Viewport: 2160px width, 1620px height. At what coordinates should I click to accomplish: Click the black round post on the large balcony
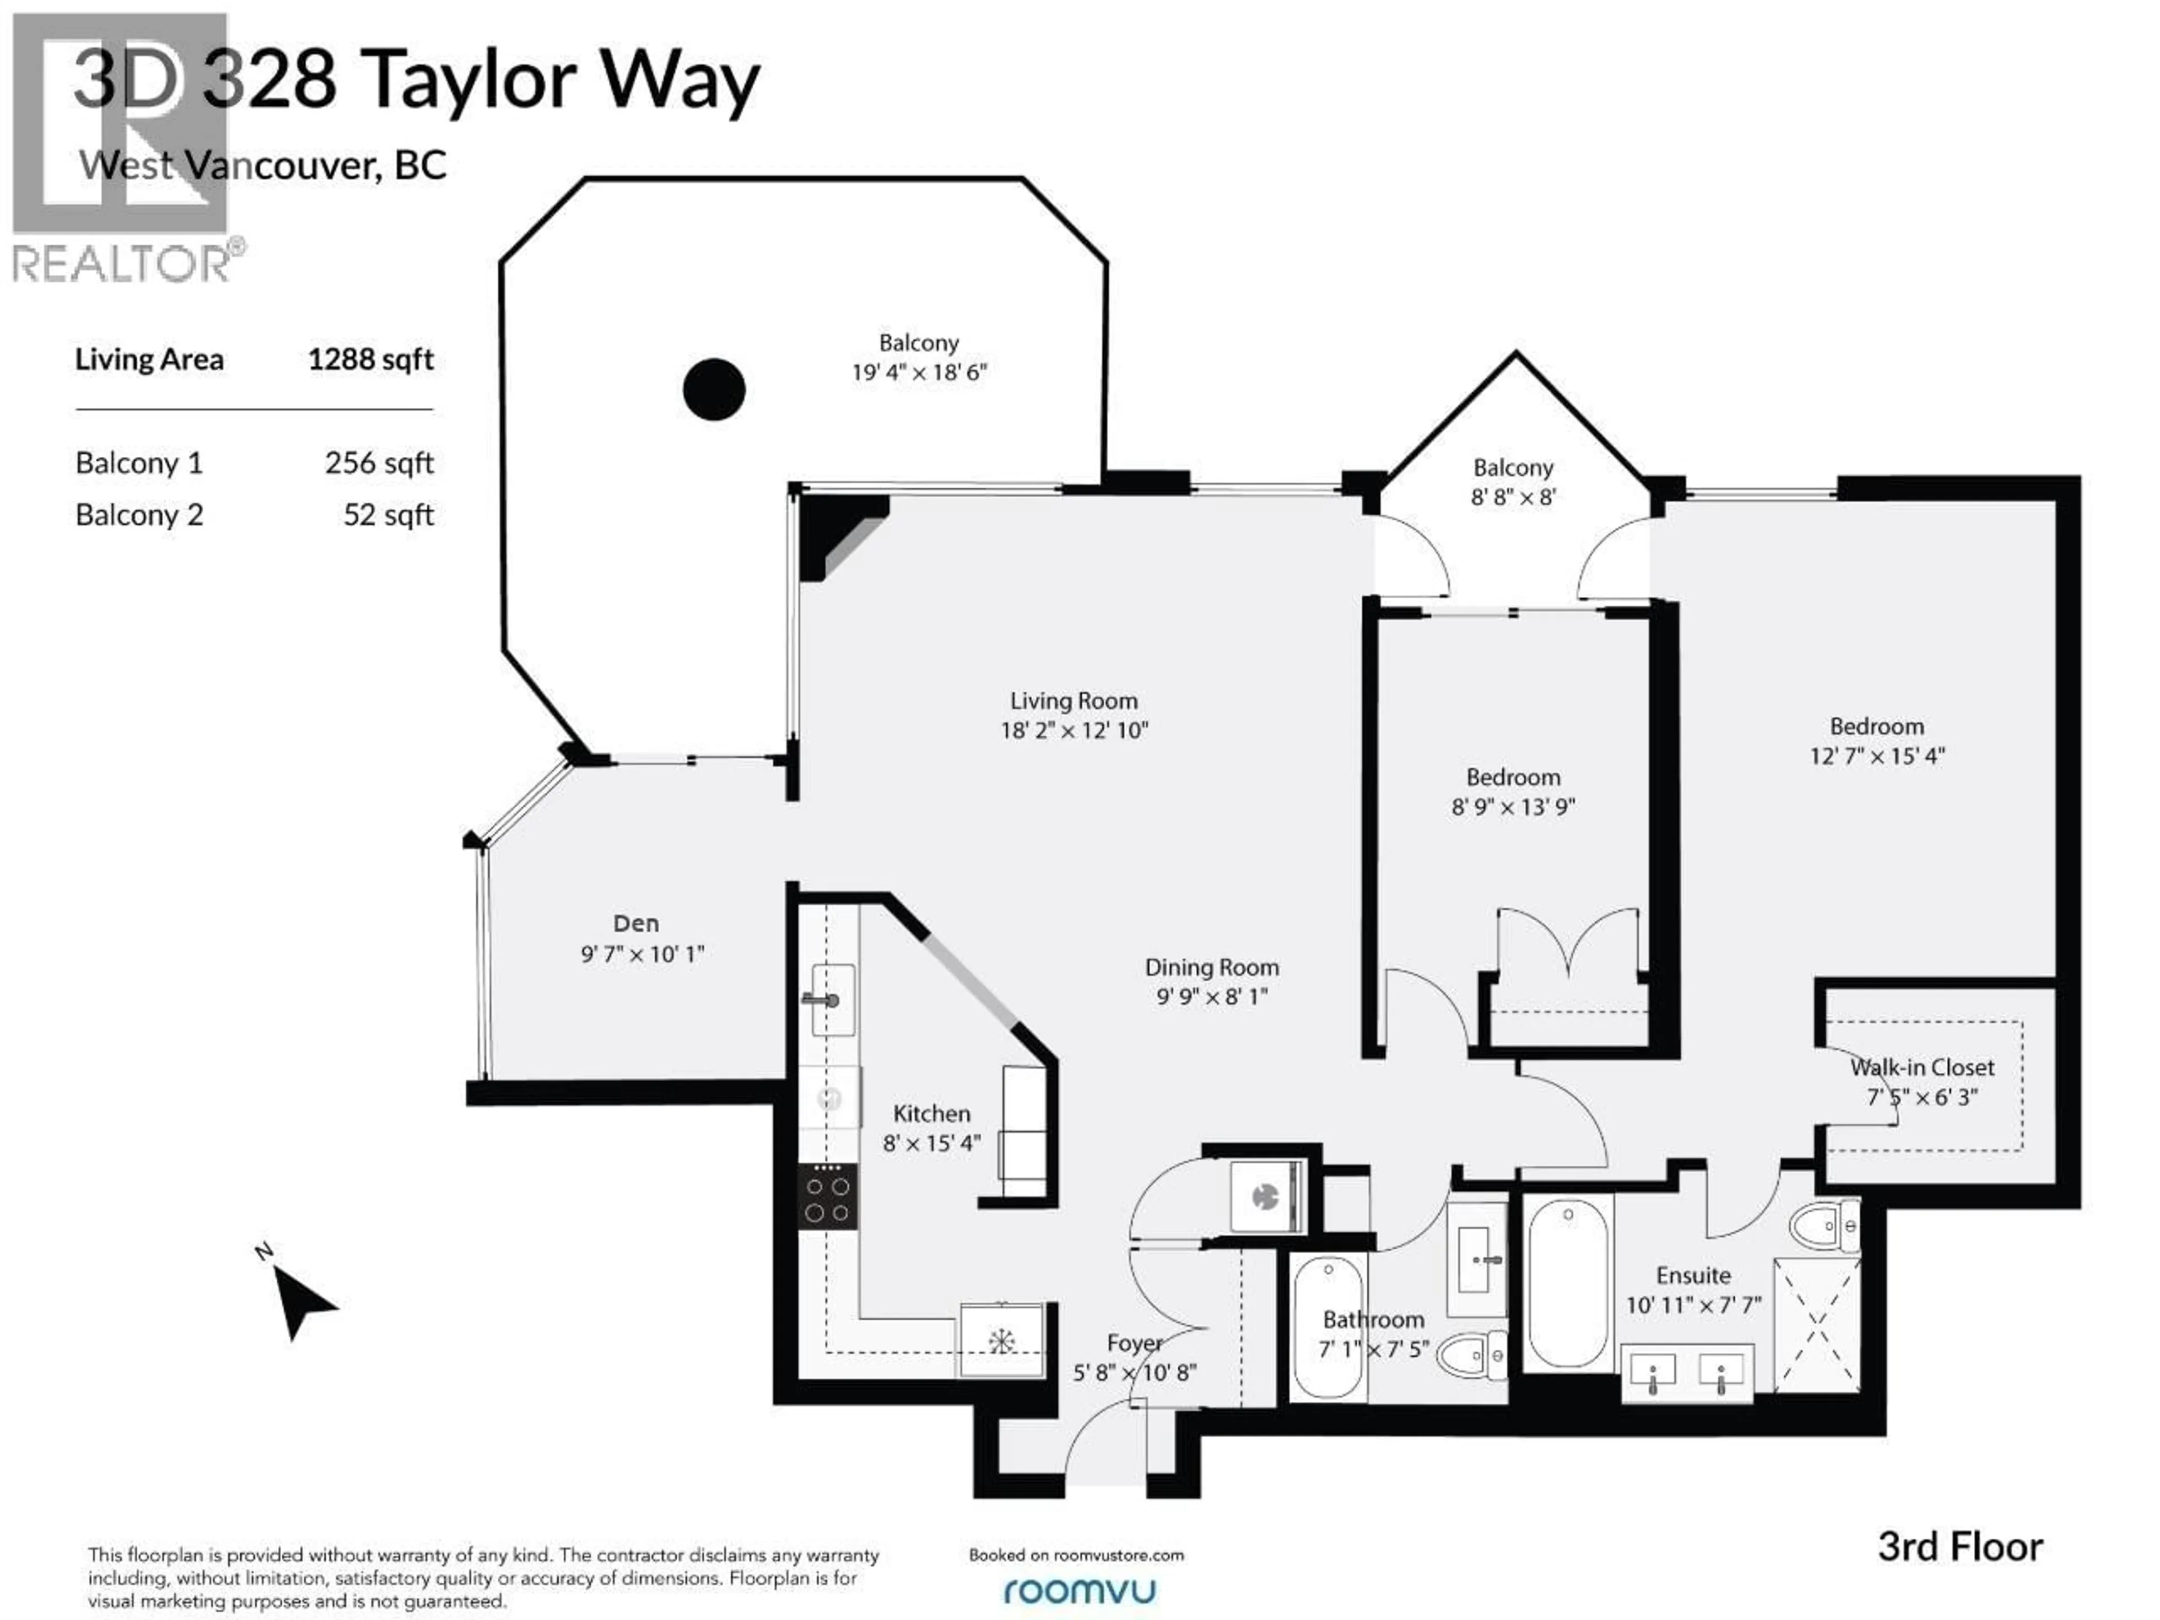(x=714, y=390)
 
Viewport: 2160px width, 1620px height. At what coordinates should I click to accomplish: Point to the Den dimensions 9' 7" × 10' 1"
(x=642, y=954)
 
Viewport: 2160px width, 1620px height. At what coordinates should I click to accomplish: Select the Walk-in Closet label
(x=1921, y=1067)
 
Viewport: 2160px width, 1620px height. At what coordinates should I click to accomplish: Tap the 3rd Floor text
(x=1960, y=1548)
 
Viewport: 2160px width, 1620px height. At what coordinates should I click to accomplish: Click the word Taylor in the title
(x=471, y=81)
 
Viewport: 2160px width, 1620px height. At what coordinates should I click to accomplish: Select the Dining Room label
(x=1211, y=967)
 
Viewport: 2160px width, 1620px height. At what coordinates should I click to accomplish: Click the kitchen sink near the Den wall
(x=832, y=1000)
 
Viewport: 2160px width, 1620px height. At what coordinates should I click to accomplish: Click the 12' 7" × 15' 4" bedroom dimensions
(x=1877, y=756)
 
